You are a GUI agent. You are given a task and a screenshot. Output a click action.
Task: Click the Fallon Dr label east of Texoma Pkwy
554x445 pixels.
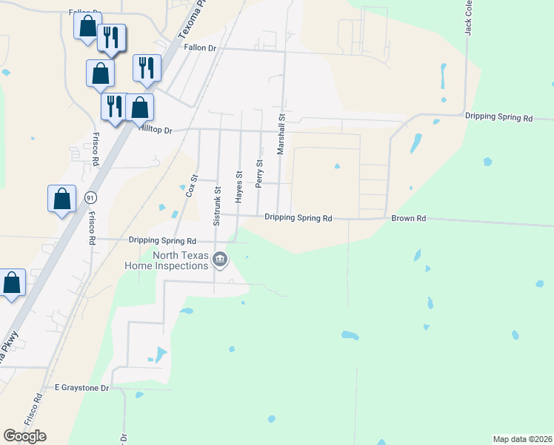199,47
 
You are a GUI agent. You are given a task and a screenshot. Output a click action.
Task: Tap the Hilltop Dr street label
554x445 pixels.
155,130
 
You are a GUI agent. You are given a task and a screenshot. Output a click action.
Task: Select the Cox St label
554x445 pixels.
191,185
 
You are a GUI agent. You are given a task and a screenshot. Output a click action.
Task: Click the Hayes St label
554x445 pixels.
239,187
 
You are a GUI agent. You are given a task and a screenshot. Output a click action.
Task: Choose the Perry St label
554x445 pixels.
259,174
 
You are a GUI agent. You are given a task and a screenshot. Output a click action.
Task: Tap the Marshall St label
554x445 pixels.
281,134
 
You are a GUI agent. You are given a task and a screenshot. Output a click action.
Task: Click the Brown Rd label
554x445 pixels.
409,219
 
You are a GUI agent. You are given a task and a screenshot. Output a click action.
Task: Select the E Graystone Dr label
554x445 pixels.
81,388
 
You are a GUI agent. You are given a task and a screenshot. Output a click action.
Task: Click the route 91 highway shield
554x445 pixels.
90,197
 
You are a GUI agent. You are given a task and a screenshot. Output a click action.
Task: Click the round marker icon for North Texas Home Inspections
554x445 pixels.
220,259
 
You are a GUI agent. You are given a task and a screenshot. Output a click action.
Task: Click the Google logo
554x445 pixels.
24,436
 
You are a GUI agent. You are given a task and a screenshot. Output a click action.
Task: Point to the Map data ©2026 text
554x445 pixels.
522,438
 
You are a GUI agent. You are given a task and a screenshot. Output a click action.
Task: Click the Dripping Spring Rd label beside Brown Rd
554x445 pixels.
298,218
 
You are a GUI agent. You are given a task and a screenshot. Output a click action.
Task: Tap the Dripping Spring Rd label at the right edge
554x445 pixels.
498,117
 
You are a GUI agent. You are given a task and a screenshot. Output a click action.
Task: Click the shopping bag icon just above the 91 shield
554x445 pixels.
61,199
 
